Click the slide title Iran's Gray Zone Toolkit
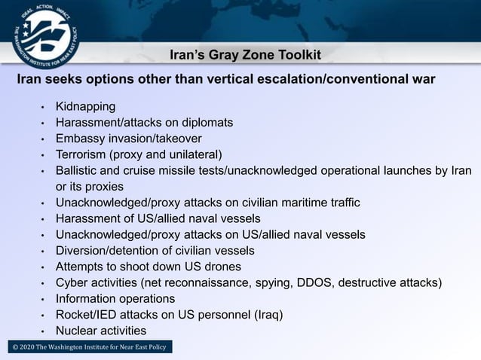245,56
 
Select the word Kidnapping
85,106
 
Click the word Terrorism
81,154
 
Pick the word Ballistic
78,170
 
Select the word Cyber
72,283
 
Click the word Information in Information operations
84,299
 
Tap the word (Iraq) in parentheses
268,315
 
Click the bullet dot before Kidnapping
44,107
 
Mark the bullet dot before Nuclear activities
44,331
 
